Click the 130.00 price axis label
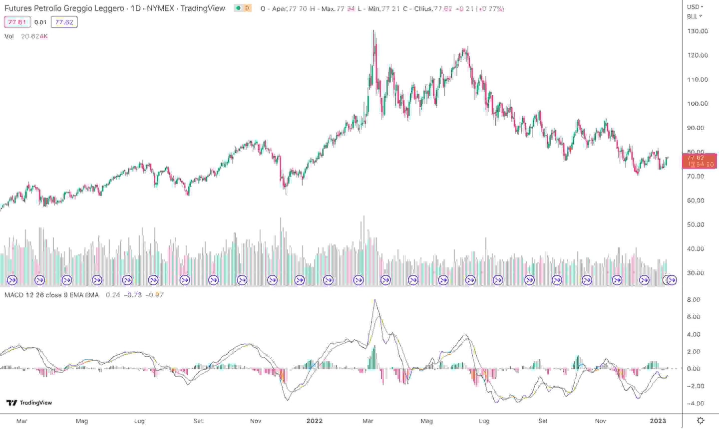pyautogui.click(x=698, y=31)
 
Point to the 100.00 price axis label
pyautogui.click(x=698, y=104)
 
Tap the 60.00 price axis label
pyautogui.click(x=696, y=201)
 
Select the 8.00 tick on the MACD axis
pyautogui.click(x=694, y=300)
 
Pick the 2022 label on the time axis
pyautogui.click(x=315, y=421)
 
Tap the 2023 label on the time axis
pyautogui.click(x=658, y=421)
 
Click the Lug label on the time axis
pyautogui.click(x=139, y=421)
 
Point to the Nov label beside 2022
pyautogui.click(x=256, y=421)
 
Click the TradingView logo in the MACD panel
pyautogui.click(x=29, y=403)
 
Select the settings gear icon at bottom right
pyautogui.click(x=701, y=421)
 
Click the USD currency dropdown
pyautogui.click(x=695, y=7)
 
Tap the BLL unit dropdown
pyautogui.click(x=694, y=16)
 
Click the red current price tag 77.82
pyautogui.click(x=699, y=158)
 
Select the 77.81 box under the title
pyautogui.click(x=17, y=22)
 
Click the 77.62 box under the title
pyautogui.click(x=64, y=22)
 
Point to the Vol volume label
pyautogui.click(x=9, y=36)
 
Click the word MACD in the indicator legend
pyautogui.click(x=14, y=295)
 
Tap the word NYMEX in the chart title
pyautogui.click(x=160, y=8)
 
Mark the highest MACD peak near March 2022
pyautogui.click(x=374, y=300)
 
